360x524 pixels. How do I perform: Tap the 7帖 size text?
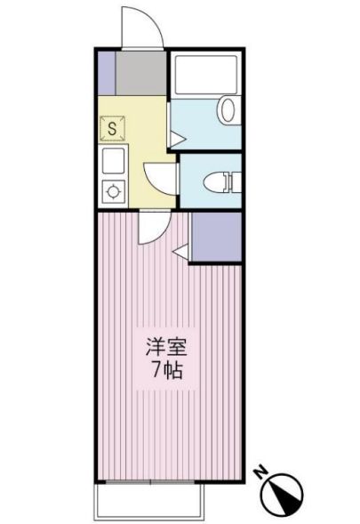coord(166,371)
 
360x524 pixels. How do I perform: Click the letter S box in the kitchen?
coord(112,129)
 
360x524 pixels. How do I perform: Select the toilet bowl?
coord(214,181)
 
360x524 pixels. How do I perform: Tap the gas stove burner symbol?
coord(113,189)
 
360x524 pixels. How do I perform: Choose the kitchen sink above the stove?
coord(114,161)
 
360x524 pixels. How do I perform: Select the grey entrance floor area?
coord(140,72)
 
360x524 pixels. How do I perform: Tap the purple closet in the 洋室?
coord(215,237)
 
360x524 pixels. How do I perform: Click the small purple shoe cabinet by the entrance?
coord(106,72)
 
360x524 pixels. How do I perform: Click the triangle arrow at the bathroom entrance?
coord(177,138)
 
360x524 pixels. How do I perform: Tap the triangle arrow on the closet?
coord(181,254)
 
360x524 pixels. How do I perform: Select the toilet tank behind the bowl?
coord(233,181)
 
